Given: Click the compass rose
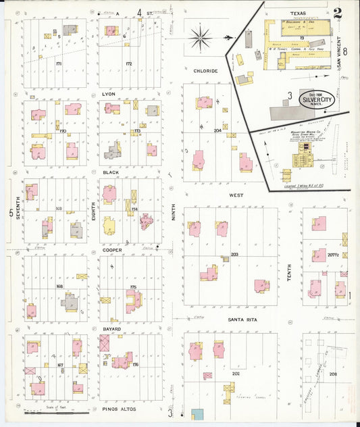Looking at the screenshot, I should coord(201,37).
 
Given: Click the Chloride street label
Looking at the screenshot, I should coord(205,70).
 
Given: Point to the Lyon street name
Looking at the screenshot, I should coord(109,94).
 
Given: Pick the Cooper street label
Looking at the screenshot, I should coord(111,249).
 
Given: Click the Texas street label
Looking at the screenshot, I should coord(299,13).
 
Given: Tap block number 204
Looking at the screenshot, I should coord(217,130).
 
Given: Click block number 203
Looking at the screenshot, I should coord(234,255).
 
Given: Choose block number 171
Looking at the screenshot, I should coord(59,64).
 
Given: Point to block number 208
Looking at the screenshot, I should coord(332,374).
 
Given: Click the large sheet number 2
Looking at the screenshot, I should coord(337,12).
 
